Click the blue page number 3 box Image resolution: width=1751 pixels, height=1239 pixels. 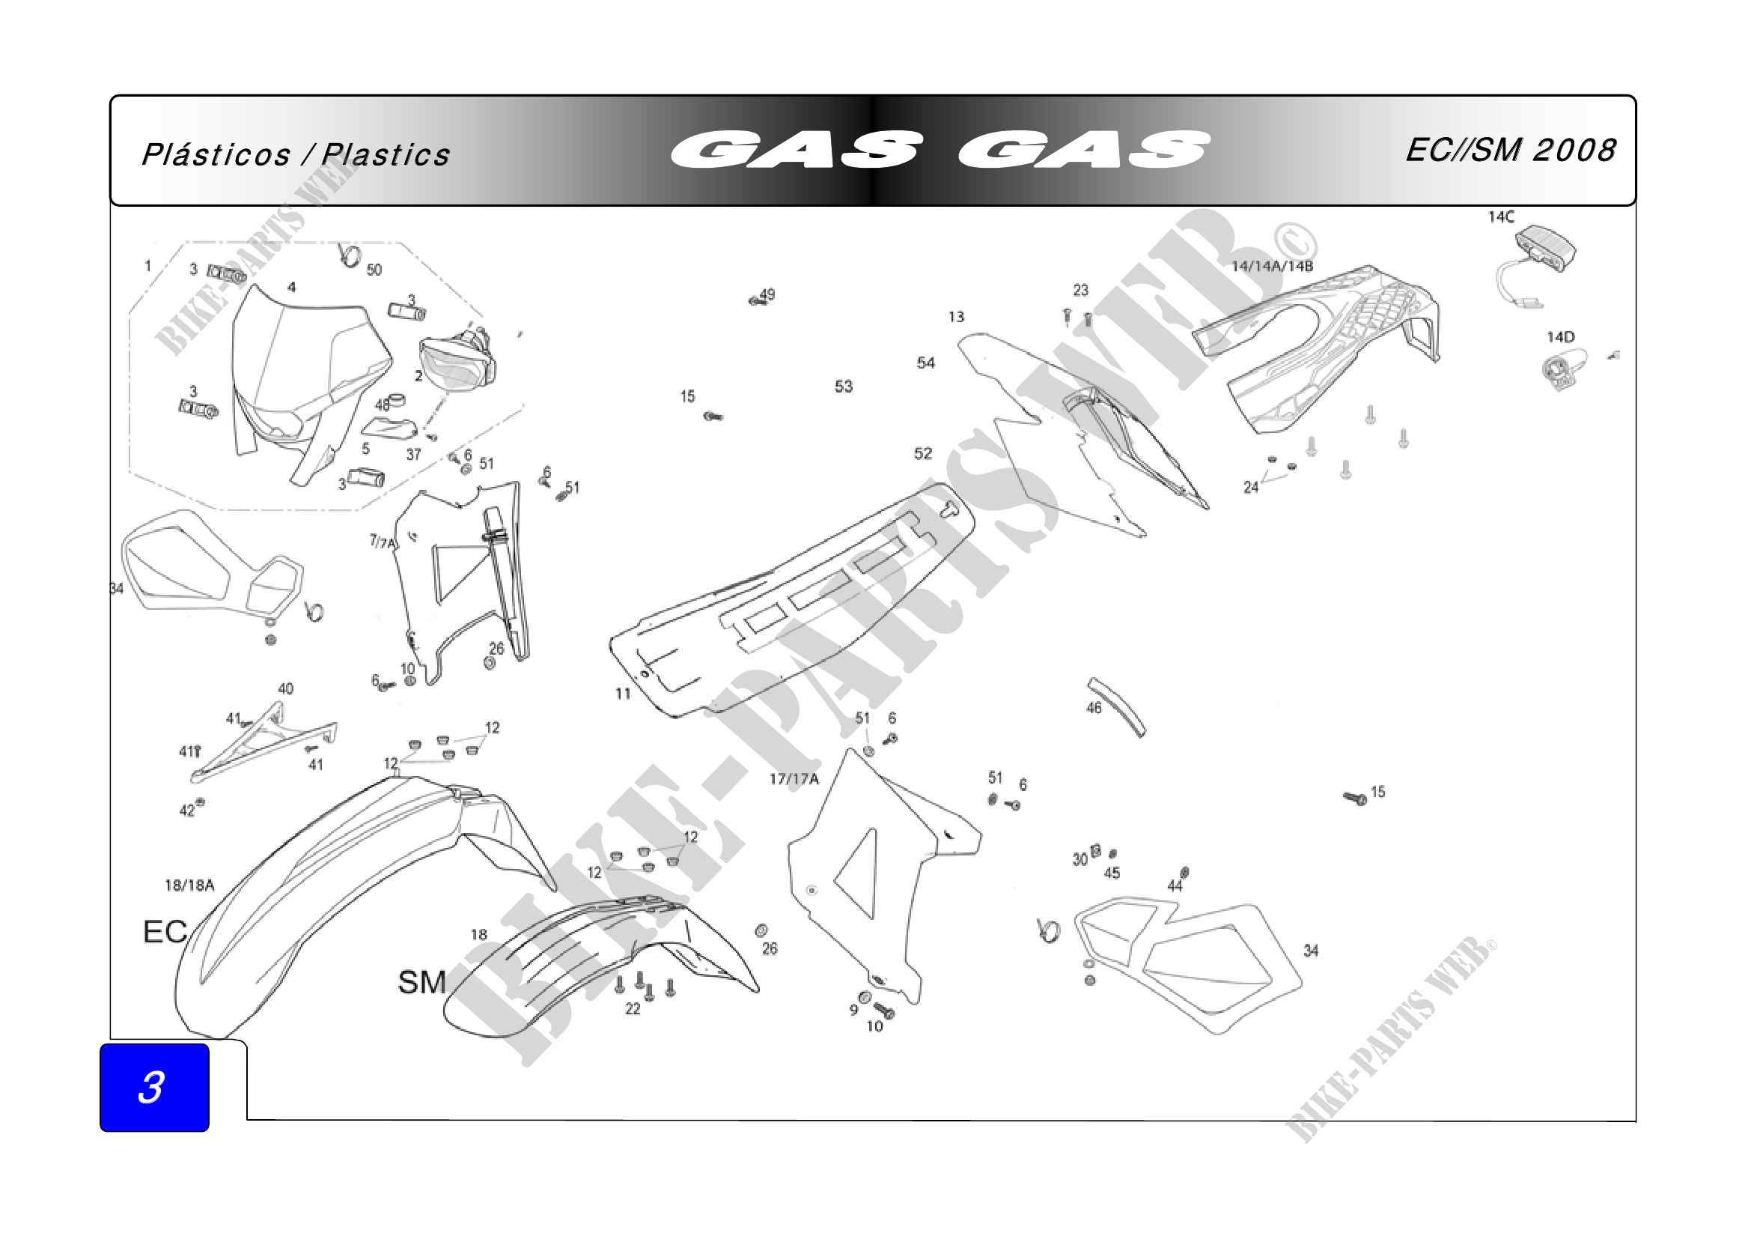click(x=154, y=1087)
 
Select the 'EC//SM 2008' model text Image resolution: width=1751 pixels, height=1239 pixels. click(x=1510, y=151)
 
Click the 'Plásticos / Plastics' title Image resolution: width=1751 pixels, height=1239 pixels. click(x=296, y=155)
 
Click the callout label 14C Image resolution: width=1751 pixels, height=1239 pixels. click(x=1501, y=217)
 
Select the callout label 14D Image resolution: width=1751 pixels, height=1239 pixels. click(x=1560, y=337)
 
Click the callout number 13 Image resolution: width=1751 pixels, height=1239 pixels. click(x=956, y=317)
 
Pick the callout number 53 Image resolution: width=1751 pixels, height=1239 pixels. click(x=844, y=387)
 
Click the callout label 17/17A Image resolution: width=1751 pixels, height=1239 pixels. click(x=794, y=779)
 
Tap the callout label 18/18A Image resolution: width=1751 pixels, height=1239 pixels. click(x=189, y=885)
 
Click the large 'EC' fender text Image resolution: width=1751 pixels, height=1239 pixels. click(x=165, y=932)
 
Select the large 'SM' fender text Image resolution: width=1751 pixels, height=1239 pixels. click(x=421, y=982)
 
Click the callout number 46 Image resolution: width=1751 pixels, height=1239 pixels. click(x=1094, y=708)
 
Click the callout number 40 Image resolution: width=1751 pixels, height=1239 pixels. click(x=286, y=689)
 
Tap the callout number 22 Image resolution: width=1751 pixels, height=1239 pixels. click(x=633, y=1008)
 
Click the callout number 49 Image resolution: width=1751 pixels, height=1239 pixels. click(x=767, y=294)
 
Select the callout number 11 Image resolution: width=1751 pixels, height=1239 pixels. click(x=623, y=694)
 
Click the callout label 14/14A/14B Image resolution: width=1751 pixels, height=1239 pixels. click(x=1273, y=266)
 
